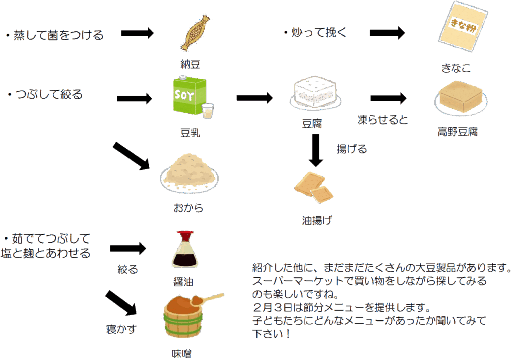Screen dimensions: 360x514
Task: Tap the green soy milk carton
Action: click(189, 97)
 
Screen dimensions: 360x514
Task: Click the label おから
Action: click(188, 208)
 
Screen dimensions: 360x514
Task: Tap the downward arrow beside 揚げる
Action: click(315, 150)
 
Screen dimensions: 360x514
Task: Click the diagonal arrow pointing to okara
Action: click(132, 156)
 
